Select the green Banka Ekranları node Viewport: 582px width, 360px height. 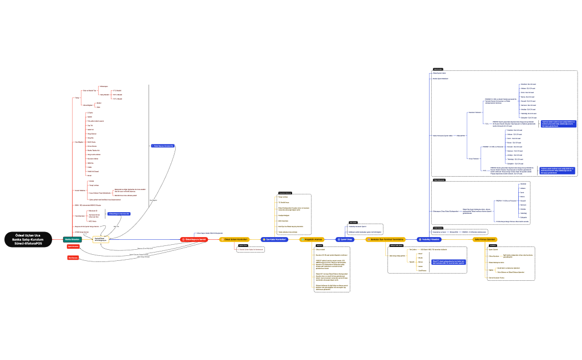click(73, 239)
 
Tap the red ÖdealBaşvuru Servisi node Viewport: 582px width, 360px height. click(196, 239)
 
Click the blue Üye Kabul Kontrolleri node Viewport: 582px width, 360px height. click(275, 239)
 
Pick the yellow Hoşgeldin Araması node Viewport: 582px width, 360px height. click(312, 239)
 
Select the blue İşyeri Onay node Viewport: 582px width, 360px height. click(345, 239)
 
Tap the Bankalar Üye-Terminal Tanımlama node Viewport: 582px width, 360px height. click(386, 239)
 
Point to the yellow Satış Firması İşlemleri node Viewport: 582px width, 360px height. click(484, 239)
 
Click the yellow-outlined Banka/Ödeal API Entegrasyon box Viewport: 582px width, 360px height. click(100, 239)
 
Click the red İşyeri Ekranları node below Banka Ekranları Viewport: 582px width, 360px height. click(73, 246)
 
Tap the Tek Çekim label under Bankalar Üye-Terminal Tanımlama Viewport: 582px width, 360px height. click(412, 250)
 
